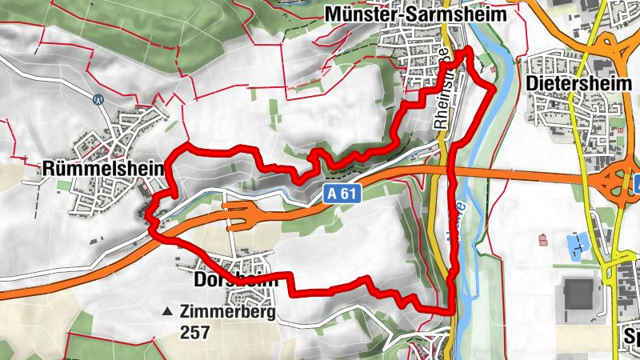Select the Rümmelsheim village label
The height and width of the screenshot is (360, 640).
(102, 169)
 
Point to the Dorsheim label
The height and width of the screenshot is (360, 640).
(235, 281)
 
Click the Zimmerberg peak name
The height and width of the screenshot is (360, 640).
(226, 313)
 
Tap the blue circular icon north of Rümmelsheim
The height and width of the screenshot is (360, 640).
(98, 100)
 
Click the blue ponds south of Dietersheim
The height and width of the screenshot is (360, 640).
(577, 245)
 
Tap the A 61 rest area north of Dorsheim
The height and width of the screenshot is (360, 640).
(244, 214)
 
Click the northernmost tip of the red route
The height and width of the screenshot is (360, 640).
(466, 50)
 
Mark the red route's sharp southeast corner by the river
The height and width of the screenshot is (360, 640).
(453, 310)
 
